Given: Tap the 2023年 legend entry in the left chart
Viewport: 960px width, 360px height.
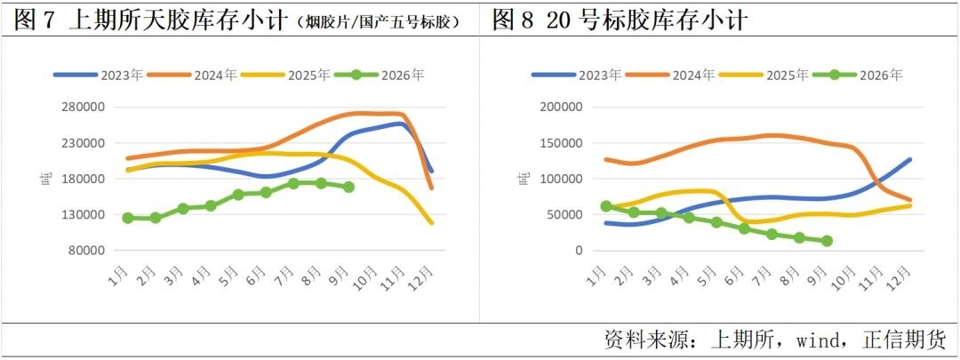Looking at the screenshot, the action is pos(99,76).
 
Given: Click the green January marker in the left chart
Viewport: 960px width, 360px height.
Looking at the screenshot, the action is pos(128,218).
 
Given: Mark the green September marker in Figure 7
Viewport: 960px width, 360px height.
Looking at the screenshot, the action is pos(349,188).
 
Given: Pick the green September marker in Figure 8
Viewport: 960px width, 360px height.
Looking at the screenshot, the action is pos(828,241).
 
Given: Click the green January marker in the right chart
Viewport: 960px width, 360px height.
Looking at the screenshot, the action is pos(606,206).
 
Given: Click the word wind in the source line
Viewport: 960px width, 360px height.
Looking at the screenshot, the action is pos(819,339).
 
